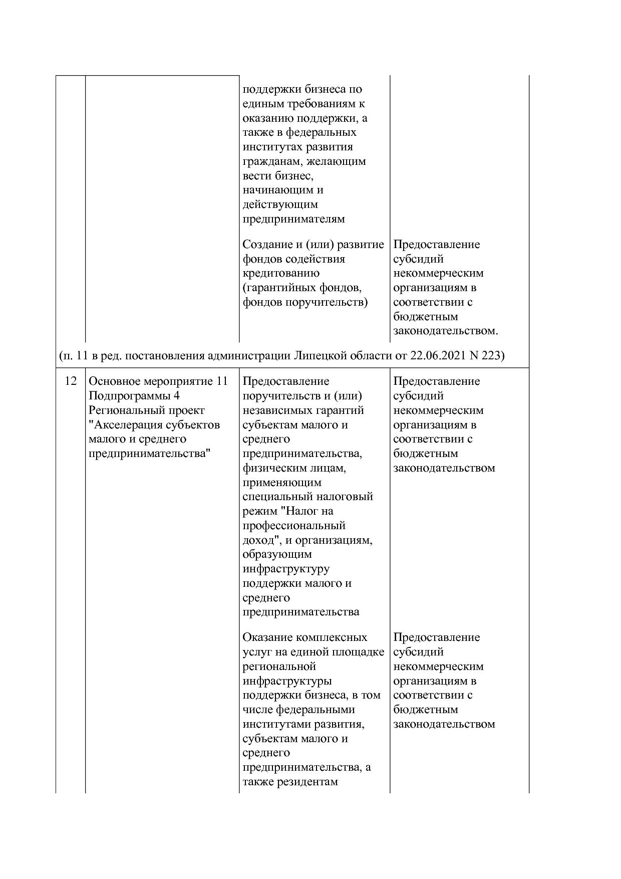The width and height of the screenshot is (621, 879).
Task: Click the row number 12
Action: click(71, 381)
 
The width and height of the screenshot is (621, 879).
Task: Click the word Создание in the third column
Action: click(265, 245)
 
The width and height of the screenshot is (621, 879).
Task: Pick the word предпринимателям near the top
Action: click(294, 219)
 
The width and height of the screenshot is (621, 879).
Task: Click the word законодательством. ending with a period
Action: click(446, 331)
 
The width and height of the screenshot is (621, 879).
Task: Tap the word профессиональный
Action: click(294, 526)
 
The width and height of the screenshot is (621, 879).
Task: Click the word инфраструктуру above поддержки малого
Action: click(286, 569)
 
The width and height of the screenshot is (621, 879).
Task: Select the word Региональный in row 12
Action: click(120, 410)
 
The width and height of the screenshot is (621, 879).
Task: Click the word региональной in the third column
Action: click(279, 667)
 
